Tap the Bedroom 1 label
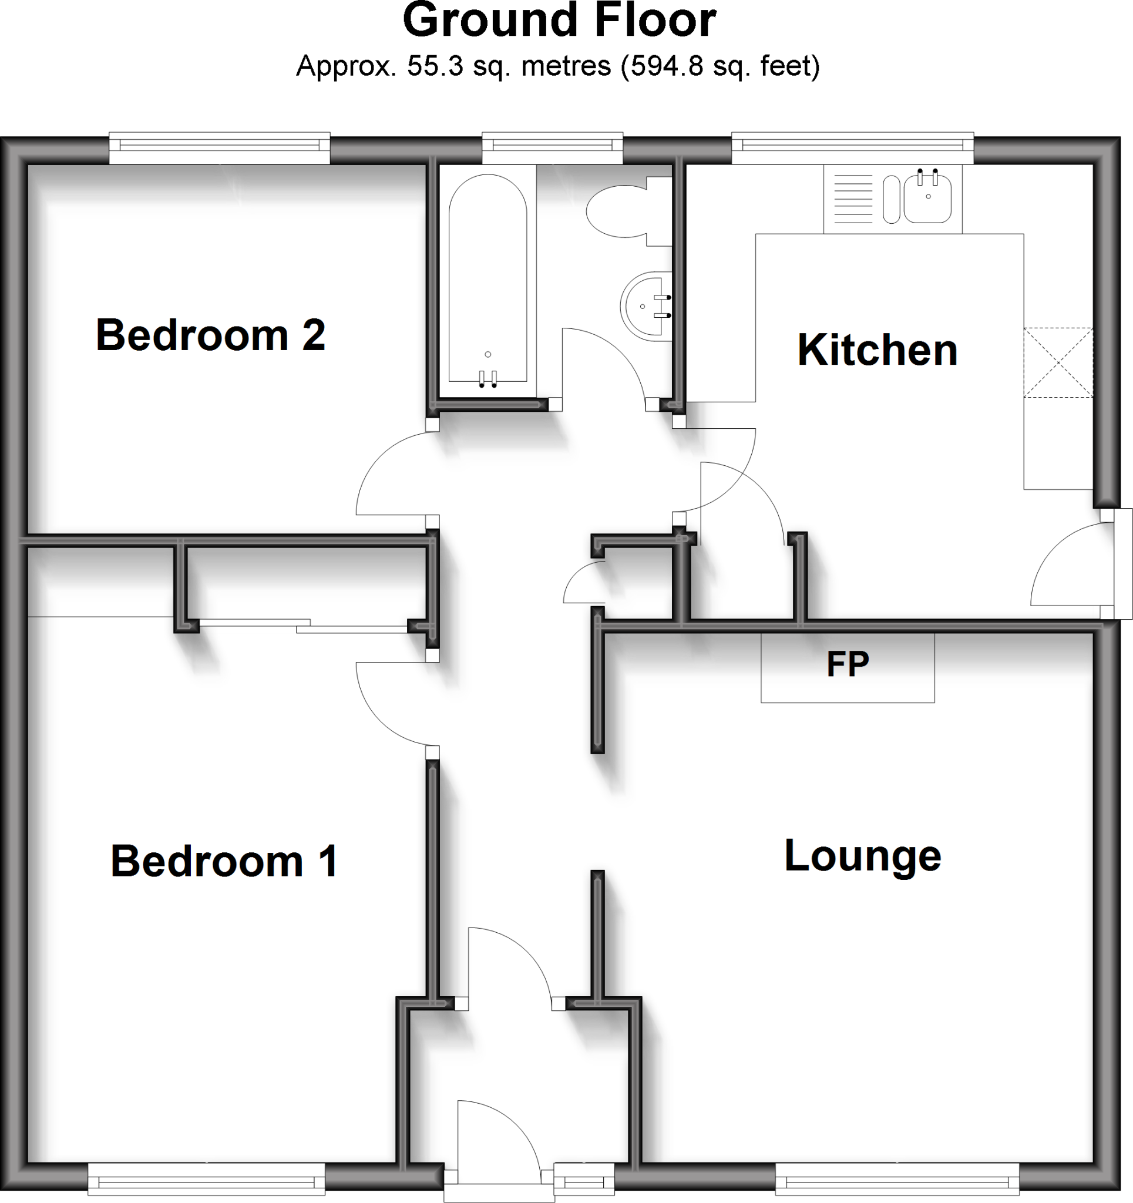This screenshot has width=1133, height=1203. (224, 861)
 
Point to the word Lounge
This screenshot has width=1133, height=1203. (862, 856)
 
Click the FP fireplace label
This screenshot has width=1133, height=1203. (848, 664)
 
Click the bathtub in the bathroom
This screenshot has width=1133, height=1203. (488, 278)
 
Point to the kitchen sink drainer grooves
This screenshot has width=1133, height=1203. (854, 199)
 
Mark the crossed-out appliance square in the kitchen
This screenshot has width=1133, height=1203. (1058, 362)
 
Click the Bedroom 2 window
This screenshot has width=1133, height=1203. (219, 147)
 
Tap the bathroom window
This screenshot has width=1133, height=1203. (552, 147)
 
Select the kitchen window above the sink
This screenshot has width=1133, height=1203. (852, 147)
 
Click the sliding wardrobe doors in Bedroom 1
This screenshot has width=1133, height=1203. (302, 626)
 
